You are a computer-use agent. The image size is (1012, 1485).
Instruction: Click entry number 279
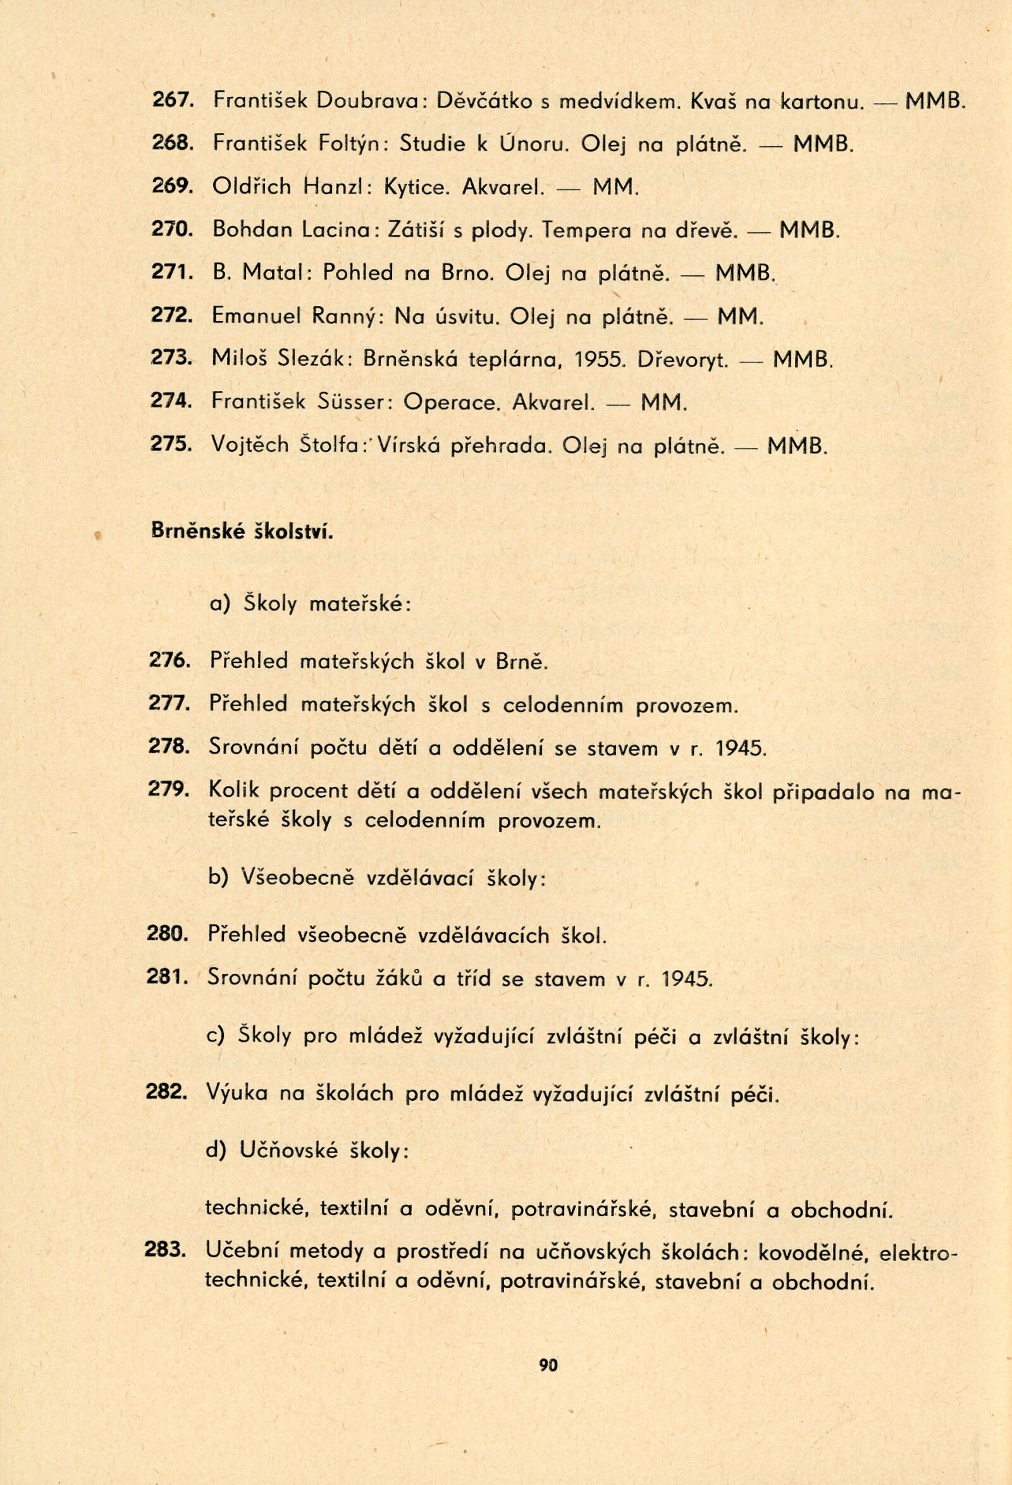pyautogui.click(x=168, y=790)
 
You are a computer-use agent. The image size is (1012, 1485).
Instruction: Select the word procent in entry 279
pyautogui.click(x=342, y=792)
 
